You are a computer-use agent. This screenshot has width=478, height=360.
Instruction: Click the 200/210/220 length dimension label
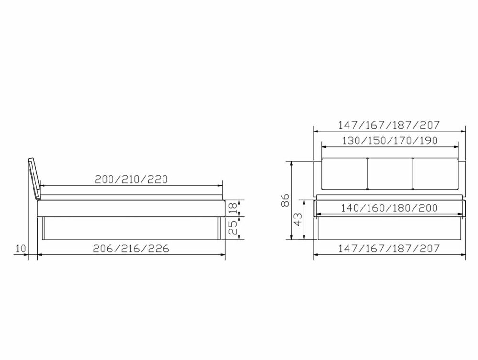pyautogui.click(x=131, y=179)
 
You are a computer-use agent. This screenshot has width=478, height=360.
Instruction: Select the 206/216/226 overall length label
pyautogui.click(x=131, y=248)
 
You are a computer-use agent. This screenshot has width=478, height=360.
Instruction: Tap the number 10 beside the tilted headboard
pyautogui.click(x=20, y=249)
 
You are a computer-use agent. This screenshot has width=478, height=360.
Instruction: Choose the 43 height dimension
pyautogui.click(x=298, y=219)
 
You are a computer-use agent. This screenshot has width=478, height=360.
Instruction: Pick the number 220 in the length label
pyautogui.click(x=157, y=179)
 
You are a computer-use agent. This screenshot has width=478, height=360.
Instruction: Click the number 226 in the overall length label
pyautogui.click(x=158, y=248)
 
